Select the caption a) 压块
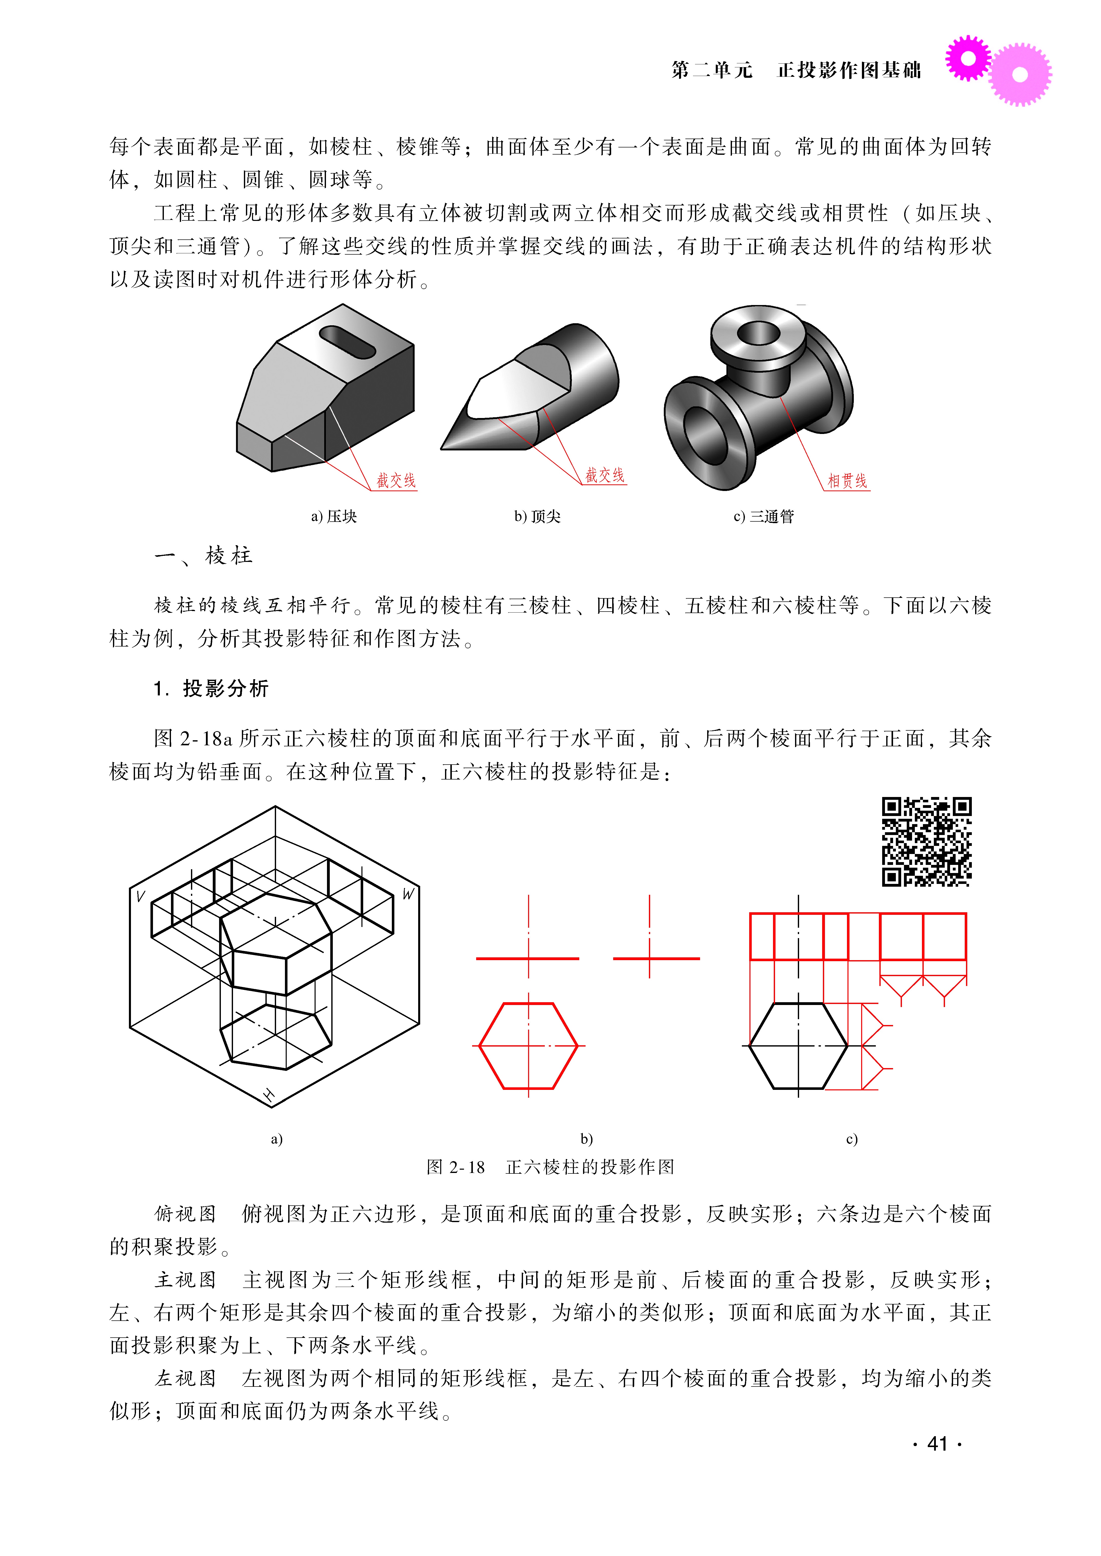[334, 517]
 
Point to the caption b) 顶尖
[537, 517]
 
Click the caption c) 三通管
[763, 517]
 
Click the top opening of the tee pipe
[759, 332]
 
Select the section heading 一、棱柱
[203, 556]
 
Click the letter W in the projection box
[408, 894]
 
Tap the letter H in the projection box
[268, 1094]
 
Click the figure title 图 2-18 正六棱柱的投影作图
[551, 1167]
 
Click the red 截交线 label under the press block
[396, 481]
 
